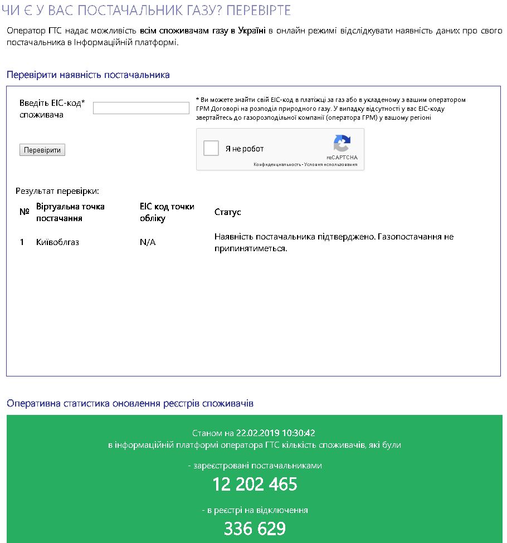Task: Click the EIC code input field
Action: [141, 108]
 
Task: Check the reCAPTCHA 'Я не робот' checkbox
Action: [211, 149]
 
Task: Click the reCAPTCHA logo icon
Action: [342, 144]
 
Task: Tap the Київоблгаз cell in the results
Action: [57, 242]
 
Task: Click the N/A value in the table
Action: [148, 242]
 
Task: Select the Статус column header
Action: [227, 212]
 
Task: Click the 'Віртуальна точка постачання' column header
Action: [70, 212]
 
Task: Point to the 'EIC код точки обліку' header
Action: [167, 212]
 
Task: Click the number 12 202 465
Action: [255, 485]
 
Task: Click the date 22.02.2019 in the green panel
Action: [258, 433]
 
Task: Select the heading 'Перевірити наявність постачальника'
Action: [88, 75]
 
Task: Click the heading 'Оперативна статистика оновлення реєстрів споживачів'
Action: [130, 403]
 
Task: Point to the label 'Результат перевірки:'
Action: [57, 191]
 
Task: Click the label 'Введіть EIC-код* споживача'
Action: [52, 109]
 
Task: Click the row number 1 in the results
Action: [22, 242]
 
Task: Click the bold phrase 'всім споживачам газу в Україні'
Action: [203, 30]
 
